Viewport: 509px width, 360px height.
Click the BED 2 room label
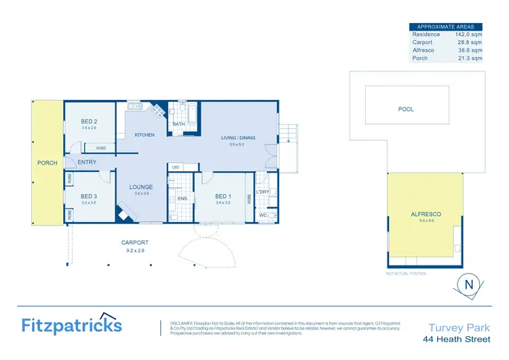pyautogui.click(x=89, y=122)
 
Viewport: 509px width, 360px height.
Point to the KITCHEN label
pyautogui.click(x=145, y=135)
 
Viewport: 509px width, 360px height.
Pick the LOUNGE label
pyautogui.click(x=141, y=187)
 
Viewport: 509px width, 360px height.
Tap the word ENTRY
pyautogui.click(x=87, y=162)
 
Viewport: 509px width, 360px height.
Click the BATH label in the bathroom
pyautogui.click(x=178, y=124)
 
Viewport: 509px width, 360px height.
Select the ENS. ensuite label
pyautogui.click(x=182, y=199)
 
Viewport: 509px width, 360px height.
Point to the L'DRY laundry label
pyautogui.click(x=263, y=192)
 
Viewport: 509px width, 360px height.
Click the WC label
pyautogui.click(x=262, y=215)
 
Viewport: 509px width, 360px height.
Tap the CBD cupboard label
pyautogui.click(x=175, y=167)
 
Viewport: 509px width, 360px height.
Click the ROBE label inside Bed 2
pyautogui.click(x=100, y=147)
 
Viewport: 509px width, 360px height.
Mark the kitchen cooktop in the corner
pyautogui.click(x=158, y=109)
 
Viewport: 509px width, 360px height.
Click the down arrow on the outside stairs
pyautogui.click(x=289, y=140)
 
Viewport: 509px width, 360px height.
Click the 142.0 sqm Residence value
pyautogui.click(x=470, y=34)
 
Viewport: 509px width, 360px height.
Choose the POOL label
pyautogui.click(x=406, y=109)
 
